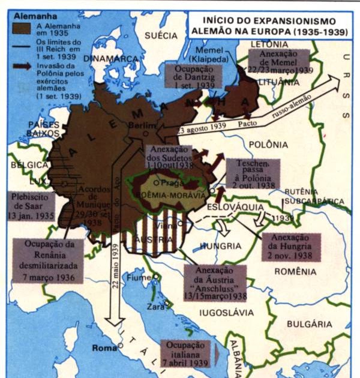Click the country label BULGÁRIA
click(x=308, y=324)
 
